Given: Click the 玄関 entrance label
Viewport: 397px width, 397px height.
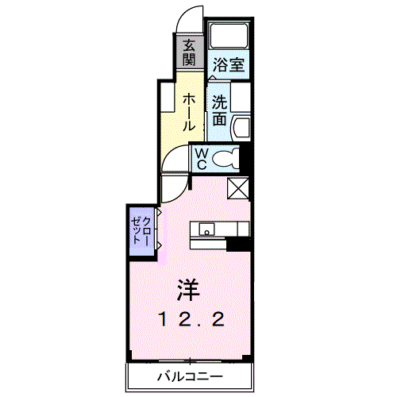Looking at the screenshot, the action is click(x=190, y=52).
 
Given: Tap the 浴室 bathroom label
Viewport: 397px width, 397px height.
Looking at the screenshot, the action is click(x=229, y=64).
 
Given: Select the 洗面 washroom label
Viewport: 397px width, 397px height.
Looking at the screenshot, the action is click(x=220, y=110).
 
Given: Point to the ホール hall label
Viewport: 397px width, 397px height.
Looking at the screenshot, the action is click(x=190, y=112).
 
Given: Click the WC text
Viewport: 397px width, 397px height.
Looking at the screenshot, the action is click(x=202, y=159).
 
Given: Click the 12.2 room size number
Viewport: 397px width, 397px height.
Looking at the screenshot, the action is click(x=191, y=319).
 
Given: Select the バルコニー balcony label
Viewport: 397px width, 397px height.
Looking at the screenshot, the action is click(x=190, y=376).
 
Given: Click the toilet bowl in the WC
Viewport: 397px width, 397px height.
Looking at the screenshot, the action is click(x=225, y=159).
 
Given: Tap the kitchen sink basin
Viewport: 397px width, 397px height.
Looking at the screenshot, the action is click(x=207, y=229).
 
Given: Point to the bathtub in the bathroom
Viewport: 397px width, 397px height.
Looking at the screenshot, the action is click(x=228, y=35).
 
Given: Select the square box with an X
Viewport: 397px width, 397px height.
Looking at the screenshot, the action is click(x=238, y=188).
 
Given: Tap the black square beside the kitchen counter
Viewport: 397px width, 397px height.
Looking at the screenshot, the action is click(x=238, y=245).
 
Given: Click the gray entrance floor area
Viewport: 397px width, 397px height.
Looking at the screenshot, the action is click(x=189, y=52).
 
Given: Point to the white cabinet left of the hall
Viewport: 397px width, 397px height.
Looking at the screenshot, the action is click(x=168, y=98).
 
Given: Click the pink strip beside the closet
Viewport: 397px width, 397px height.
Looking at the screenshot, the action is click(x=161, y=235).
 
